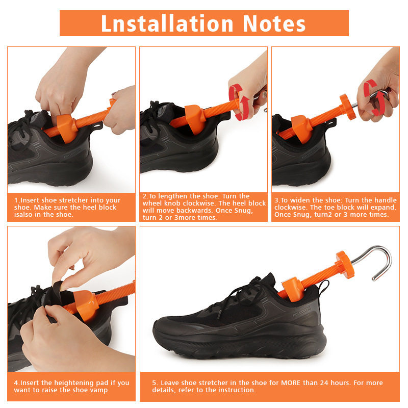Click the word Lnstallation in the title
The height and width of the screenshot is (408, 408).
tap(167, 23)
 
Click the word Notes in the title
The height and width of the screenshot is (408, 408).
tap(274, 23)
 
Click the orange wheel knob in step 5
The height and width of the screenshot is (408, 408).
tap(345, 264)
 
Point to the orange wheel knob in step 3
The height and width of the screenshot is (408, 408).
tap(348, 107)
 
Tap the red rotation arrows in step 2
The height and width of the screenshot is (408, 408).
tap(239, 102)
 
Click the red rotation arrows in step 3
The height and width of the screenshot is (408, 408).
tap(374, 97)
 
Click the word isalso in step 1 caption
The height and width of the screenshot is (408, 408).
tap(23, 214)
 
